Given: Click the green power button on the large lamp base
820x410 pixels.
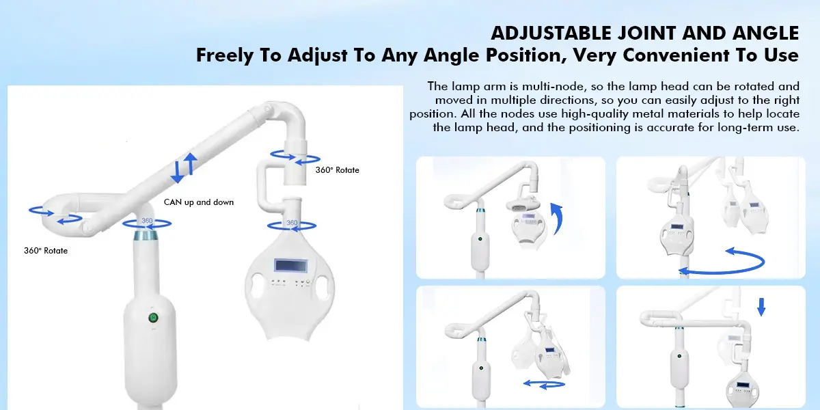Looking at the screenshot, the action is pos(153,318).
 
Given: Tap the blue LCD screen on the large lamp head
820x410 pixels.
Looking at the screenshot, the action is pos(290,265).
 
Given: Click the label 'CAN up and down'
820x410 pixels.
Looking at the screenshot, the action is pos(198,202).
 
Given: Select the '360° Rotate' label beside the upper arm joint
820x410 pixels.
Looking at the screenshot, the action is pos(337,170).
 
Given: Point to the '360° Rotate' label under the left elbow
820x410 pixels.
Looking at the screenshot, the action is pos(46,251).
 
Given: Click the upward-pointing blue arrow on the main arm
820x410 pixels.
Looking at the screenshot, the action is pos(191,163).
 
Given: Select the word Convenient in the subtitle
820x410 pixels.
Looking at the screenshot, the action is pos(683,55).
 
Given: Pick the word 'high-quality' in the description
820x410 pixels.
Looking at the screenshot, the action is pos(594,114).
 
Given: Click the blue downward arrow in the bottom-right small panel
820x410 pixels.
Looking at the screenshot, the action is pos(761,307).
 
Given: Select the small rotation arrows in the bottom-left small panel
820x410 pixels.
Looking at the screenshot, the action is pos(545,384).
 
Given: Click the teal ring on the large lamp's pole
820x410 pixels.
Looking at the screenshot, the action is pos(146,235).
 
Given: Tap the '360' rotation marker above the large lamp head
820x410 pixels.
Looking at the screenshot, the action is pos(292,225).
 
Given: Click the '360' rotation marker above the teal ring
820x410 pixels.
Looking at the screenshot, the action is pos(147,223).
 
